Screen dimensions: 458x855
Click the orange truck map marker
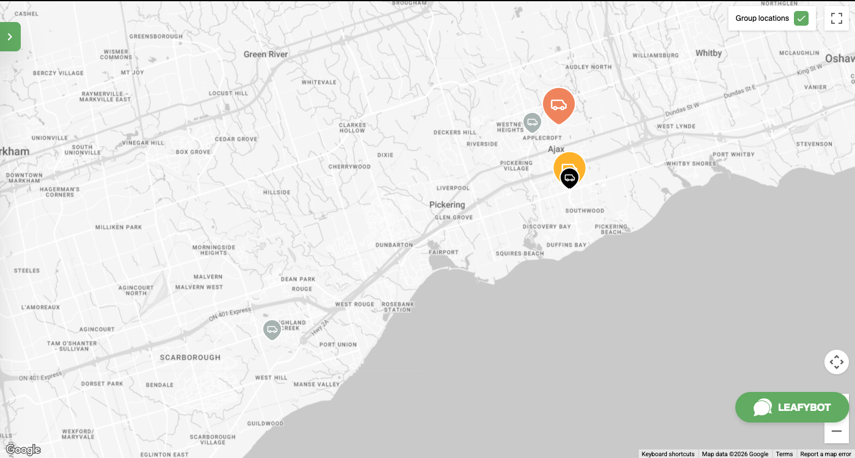[x=559, y=105]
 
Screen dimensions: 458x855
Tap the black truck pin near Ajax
[x=569, y=178]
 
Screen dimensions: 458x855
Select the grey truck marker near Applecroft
[x=532, y=122]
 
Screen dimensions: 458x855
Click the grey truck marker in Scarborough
[x=272, y=330]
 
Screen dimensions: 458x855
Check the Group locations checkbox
[x=801, y=18]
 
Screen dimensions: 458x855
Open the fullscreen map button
[x=837, y=18]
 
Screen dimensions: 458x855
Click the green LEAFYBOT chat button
[x=792, y=407]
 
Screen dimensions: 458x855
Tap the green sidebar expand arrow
[x=10, y=37]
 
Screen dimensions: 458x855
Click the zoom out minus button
[x=837, y=431]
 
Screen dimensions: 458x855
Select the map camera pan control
[x=837, y=362]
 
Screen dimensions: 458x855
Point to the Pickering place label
[x=447, y=205]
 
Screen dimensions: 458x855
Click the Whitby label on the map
[x=708, y=53]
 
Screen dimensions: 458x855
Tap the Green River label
[x=266, y=54]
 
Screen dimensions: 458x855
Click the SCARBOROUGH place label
[x=190, y=357]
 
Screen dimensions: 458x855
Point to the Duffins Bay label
[x=566, y=245]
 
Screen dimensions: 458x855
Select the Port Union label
[x=338, y=345]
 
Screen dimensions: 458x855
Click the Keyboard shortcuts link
[x=668, y=454]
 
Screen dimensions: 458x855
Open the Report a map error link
[x=825, y=454]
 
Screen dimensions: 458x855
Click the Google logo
[x=23, y=450]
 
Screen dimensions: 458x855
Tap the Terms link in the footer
[x=784, y=454]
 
